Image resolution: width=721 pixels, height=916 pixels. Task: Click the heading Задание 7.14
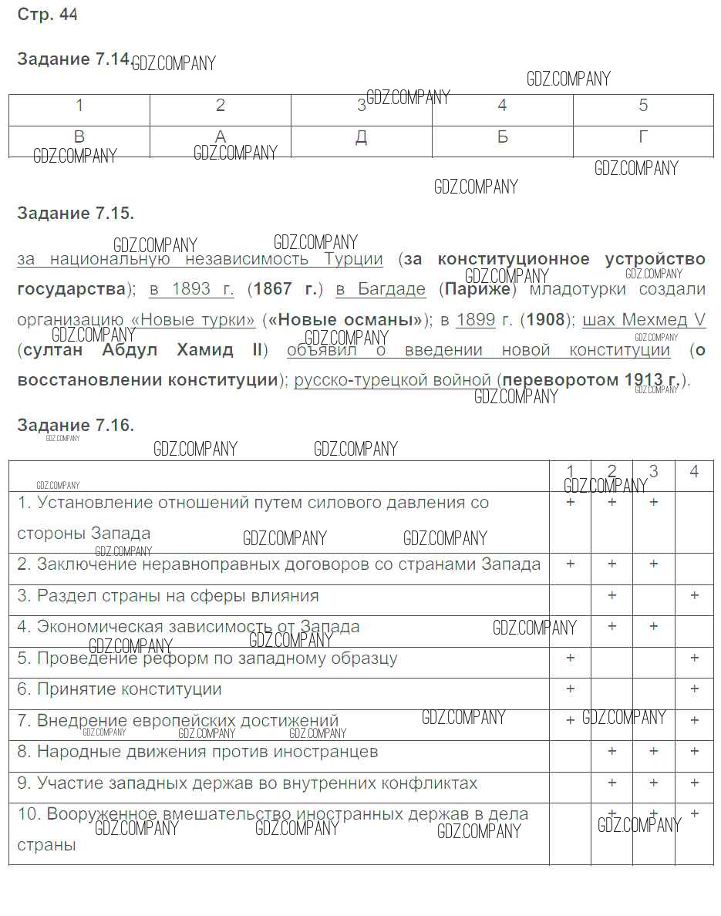(x=73, y=60)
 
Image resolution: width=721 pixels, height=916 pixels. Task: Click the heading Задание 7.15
(x=76, y=214)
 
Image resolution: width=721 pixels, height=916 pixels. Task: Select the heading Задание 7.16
(x=76, y=425)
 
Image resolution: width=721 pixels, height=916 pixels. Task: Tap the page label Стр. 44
(x=47, y=15)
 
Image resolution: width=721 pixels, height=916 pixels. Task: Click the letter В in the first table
(x=79, y=137)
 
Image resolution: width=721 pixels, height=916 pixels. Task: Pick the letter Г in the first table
(x=643, y=137)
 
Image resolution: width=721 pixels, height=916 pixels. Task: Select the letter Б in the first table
(x=502, y=137)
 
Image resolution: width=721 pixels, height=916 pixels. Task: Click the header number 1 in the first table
(x=79, y=106)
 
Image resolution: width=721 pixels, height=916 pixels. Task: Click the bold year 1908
(x=546, y=319)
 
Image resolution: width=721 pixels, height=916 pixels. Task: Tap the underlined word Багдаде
(x=392, y=289)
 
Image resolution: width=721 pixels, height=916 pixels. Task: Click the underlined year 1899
(x=475, y=319)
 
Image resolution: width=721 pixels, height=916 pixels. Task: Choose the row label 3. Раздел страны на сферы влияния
(x=167, y=596)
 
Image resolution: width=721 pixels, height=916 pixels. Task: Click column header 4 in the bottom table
(x=694, y=471)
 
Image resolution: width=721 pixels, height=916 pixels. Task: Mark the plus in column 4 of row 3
(x=695, y=595)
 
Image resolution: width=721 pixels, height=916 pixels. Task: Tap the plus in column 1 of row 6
(x=571, y=689)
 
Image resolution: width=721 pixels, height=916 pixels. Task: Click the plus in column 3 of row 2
(x=653, y=564)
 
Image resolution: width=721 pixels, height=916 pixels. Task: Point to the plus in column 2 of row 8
(x=612, y=751)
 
